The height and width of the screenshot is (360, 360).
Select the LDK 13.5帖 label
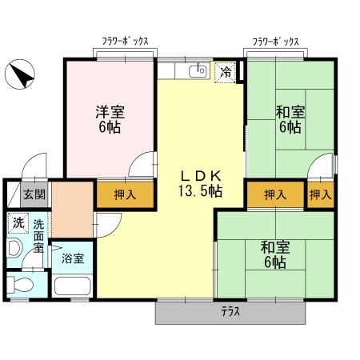click(x=199, y=184)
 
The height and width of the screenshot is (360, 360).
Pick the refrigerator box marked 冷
click(x=226, y=72)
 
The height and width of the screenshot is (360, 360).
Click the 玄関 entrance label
click(x=34, y=194)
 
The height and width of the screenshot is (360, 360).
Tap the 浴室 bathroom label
click(x=73, y=259)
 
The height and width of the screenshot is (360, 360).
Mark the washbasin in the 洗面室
click(x=14, y=248)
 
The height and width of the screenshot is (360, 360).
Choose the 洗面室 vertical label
click(x=38, y=236)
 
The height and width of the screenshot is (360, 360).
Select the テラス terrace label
click(x=230, y=311)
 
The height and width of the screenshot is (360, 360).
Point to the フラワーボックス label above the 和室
click(x=276, y=41)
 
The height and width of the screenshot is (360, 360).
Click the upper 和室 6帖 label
click(x=290, y=119)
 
